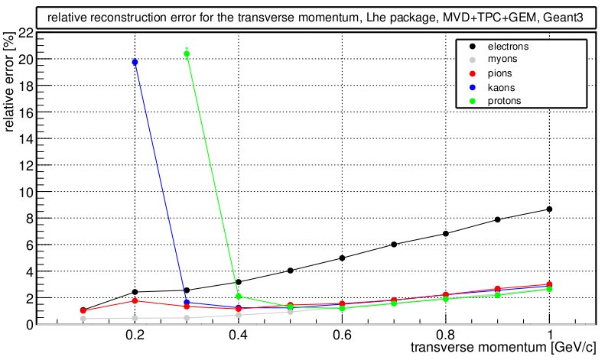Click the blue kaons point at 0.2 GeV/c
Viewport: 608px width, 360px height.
135,62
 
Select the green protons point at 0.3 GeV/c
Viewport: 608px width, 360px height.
187,54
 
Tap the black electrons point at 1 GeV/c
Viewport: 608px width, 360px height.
549,209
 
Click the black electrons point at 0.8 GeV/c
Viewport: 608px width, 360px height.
446,234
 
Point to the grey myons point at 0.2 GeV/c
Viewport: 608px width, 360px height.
135,318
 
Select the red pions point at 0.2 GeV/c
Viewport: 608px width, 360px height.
135,300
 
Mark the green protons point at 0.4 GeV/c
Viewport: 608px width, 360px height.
239,297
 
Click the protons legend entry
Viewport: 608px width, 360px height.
505,102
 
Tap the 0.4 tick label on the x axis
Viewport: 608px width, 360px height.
239,336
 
